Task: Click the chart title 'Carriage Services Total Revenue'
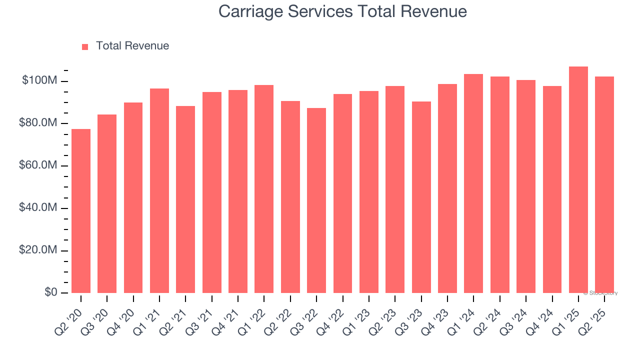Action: pyautogui.click(x=342, y=11)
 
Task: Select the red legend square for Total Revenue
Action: pyautogui.click(x=85, y=46)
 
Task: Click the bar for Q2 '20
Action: pyautogui.click(x=81, y=211)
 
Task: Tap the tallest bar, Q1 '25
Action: pyautogui.click(x=578, y=180)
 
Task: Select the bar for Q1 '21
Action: pyautogui.click(x=159, y=190)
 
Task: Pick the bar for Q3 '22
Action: pyautogui.click(x=316, y=200)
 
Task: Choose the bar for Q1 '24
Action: pyautogui.click(x=473, y=183)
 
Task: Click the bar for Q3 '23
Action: pyautogui.click(x=421, y=197)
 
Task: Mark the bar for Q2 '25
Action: pyautogui.click(x=604, y=184)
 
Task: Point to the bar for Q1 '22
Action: pyautogui.click(x=264, y=189)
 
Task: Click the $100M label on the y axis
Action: pyautogui.click(x=39, y=80)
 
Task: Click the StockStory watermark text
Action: pyautogui.click(x=600, y=293)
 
